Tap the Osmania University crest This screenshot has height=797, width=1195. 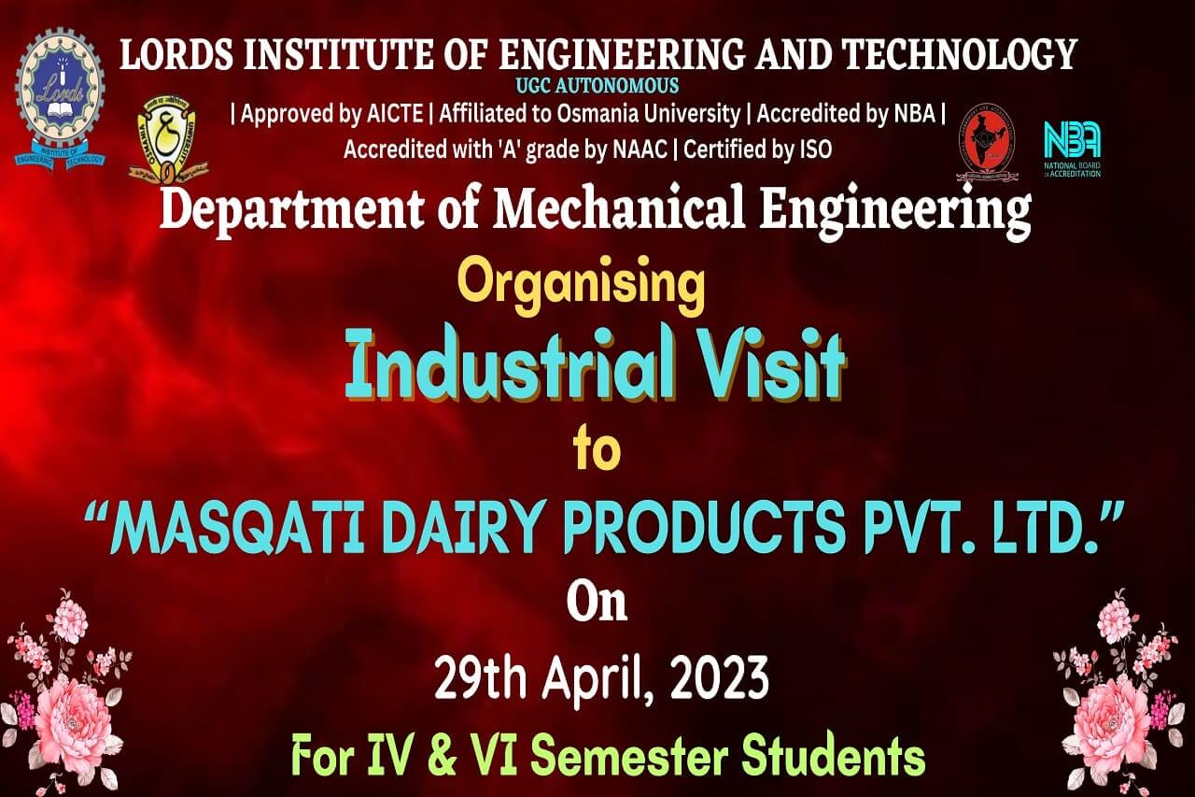tap(168, 139)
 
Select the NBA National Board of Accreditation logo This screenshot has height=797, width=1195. tap(1073, 149)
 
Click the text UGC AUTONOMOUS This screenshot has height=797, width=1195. tap(597, 85)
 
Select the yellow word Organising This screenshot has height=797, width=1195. tap(581, 287)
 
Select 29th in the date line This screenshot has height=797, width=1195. tap(481, 678)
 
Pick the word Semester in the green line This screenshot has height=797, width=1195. tap(630, 757)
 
